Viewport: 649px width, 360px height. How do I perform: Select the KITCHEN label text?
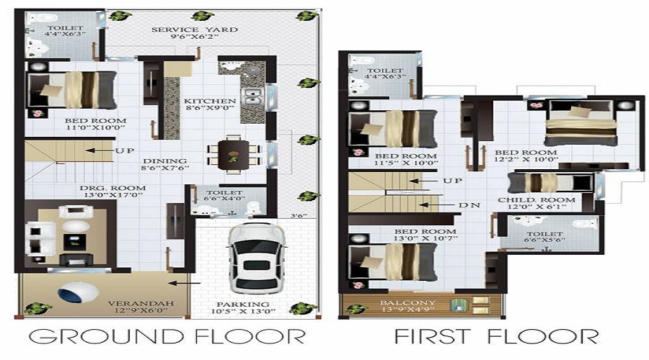[209, 101]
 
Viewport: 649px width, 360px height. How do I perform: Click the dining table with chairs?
[232, 153]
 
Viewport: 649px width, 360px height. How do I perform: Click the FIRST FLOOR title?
[495, 336]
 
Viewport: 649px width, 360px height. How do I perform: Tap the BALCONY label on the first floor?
[399, 303]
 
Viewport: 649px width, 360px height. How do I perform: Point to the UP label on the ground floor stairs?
[123, 151]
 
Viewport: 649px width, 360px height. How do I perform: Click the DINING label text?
[164, 161]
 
